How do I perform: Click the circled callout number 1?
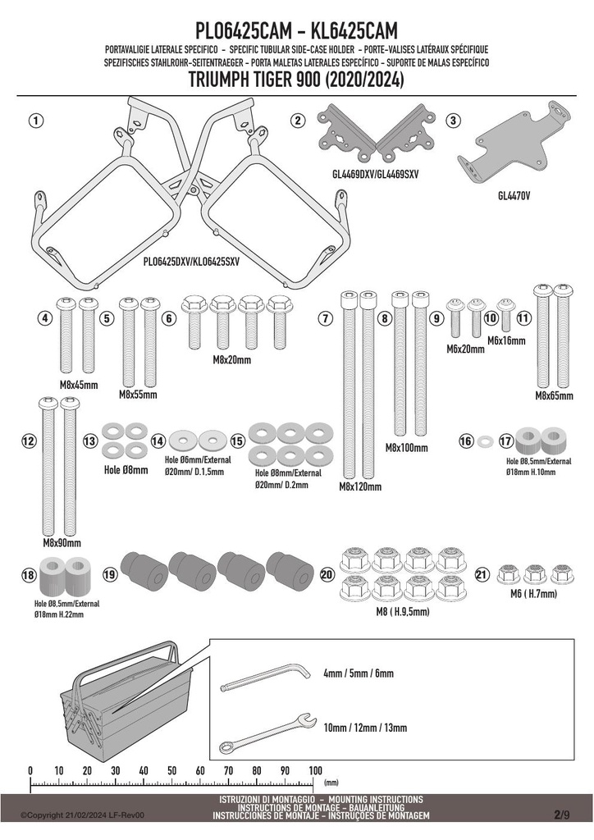36,121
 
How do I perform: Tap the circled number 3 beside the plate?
453,121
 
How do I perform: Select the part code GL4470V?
514,196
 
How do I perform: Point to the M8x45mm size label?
79,385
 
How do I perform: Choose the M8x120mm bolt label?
360,486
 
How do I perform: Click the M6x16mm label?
506,340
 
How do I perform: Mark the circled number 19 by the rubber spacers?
110,575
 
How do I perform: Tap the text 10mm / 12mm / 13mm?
365,728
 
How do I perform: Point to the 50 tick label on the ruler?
172,771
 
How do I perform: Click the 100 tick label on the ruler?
316,771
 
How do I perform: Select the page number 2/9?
562,815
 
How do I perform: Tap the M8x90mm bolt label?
62,543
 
